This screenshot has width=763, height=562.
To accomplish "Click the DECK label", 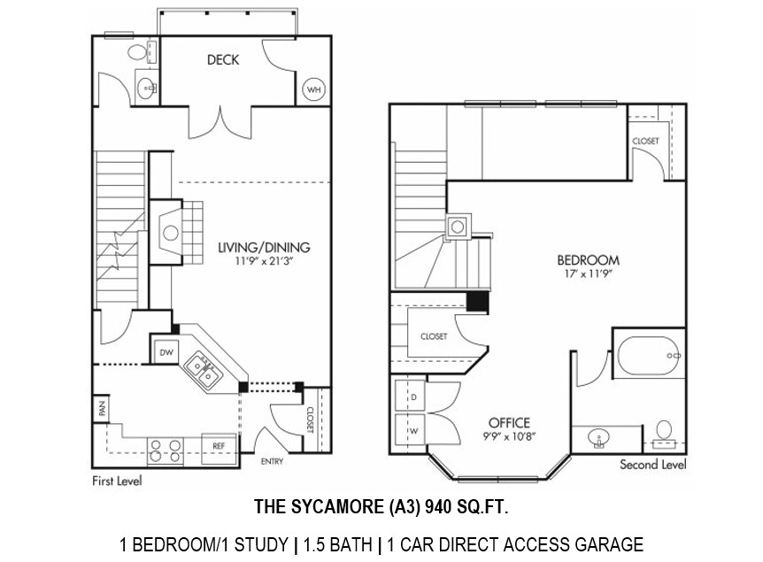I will coord(223,60).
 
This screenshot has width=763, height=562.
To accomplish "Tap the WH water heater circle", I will coord(313,89).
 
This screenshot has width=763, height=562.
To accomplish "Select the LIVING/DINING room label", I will coord(264,248).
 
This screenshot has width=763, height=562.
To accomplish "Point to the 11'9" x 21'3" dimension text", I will coord(264,262).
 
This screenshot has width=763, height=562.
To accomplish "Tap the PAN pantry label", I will coord(102,411).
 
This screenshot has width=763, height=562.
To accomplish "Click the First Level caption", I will coord(117,482).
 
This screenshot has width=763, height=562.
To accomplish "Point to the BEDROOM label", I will coord(588,260).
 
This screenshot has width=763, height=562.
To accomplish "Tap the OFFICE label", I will coord(509,422).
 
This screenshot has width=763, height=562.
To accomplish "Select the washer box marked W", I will coord(413,430).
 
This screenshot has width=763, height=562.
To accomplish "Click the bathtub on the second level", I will coord(649,355).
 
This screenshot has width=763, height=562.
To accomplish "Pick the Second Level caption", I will coord(653,465).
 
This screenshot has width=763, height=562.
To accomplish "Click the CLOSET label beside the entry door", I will coord(310,417).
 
